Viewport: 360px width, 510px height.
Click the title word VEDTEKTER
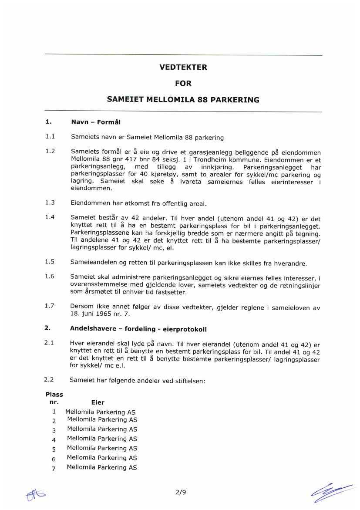click(183, 68)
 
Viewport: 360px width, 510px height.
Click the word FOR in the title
click(183, 83)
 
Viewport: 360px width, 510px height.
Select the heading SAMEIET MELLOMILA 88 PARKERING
click(183, 99)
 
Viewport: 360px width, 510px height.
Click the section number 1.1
click(50, 137)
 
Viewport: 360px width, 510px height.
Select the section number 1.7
click(50, 306)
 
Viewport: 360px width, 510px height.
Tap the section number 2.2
click(49, 380)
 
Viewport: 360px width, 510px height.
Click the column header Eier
click(98, 403)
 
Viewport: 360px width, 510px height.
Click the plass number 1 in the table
click(54, 412)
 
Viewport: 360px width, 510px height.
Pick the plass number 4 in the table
click(54, 439)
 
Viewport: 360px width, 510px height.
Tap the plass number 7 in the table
click(54, 468)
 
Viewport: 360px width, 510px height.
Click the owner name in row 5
click(102, 448)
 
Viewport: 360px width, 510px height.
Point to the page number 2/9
click(180, 493)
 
